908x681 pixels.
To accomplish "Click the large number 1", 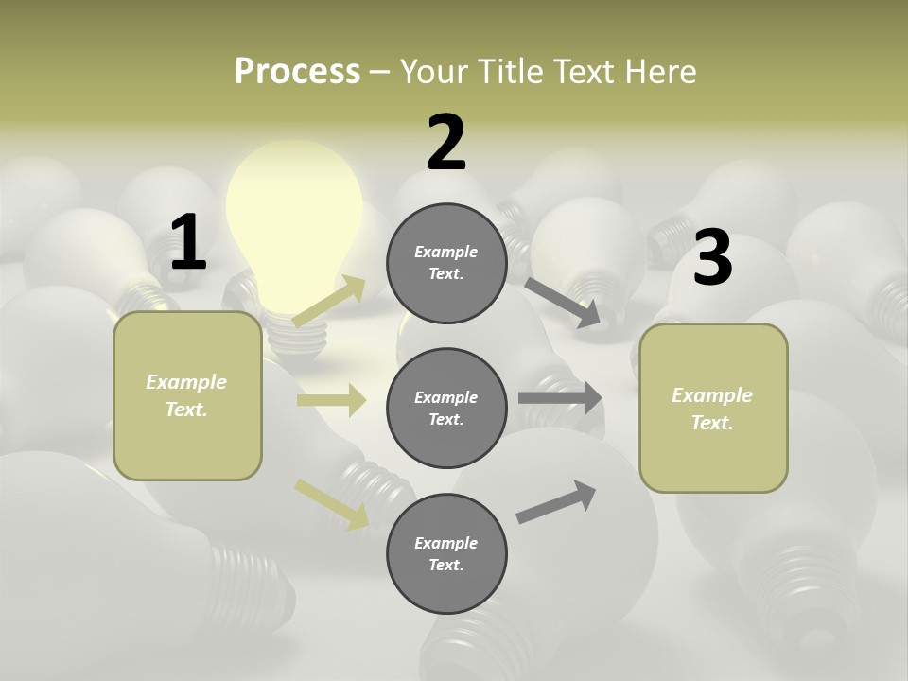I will (x=188, y=242).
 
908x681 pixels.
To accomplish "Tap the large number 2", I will (x=446, y=143).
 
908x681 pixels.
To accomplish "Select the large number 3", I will (x=712, y=258).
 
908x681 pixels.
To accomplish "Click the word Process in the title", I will (x=297, y=71).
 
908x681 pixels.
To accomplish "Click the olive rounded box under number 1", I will (x=187, y=395).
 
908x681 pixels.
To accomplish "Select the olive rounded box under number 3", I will (x=713, y=408).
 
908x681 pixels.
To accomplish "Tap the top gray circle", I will (x=446, y=263).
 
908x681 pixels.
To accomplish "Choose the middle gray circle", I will (x=446, y=408).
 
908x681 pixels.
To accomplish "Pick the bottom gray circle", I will (x=446, y=553).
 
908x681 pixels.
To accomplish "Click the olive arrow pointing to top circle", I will (x=328, y=301).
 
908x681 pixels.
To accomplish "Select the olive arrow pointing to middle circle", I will (x=331, y=400).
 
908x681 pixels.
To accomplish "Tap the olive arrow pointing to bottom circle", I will (x=332, y=504).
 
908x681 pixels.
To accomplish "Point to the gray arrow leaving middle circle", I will (x=560, y=397).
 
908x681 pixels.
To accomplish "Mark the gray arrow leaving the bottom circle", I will (x=556, y=501).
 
